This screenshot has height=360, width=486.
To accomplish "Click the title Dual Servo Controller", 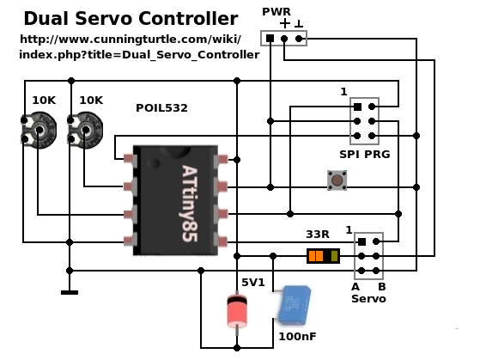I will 131,18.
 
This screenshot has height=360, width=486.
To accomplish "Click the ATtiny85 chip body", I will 179,200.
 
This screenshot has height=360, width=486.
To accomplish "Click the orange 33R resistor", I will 323,256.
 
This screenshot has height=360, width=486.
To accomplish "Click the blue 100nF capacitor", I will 293,305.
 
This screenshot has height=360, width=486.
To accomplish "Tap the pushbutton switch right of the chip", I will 337,181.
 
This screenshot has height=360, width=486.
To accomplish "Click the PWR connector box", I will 284,39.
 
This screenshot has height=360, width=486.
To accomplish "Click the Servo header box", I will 368,255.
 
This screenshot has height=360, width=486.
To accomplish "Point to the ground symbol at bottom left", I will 70,292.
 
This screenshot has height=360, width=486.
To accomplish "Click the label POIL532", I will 161,108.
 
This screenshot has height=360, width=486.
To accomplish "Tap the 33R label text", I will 318,234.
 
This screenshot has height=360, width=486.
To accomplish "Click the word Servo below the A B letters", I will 368,299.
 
